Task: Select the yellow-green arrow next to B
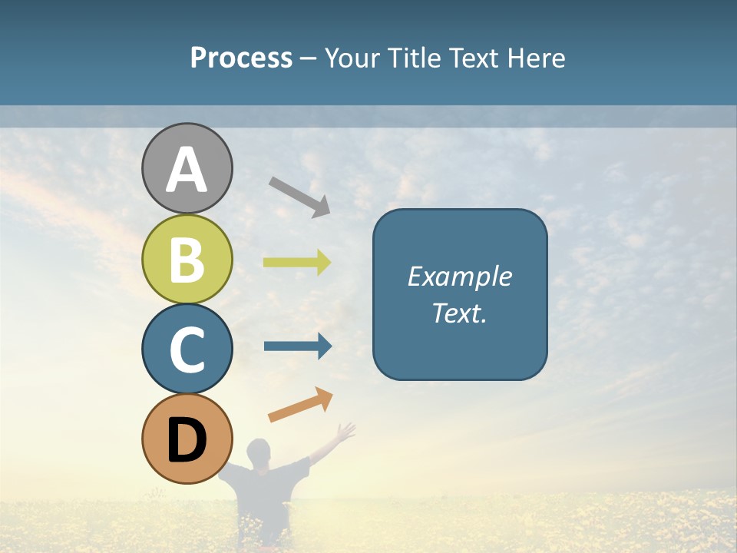[297, 263]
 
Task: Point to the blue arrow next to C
[298, 346]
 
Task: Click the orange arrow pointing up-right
[300, 405]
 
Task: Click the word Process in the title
[241, 58]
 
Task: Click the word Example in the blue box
[460, 276]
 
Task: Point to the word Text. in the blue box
[460, 313]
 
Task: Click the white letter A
[187, 170]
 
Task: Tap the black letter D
[187, 441]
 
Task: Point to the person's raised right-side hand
[347, 432]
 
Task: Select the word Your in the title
[353, 58]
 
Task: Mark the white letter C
[187, 349]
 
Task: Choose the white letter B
[187, 260]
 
